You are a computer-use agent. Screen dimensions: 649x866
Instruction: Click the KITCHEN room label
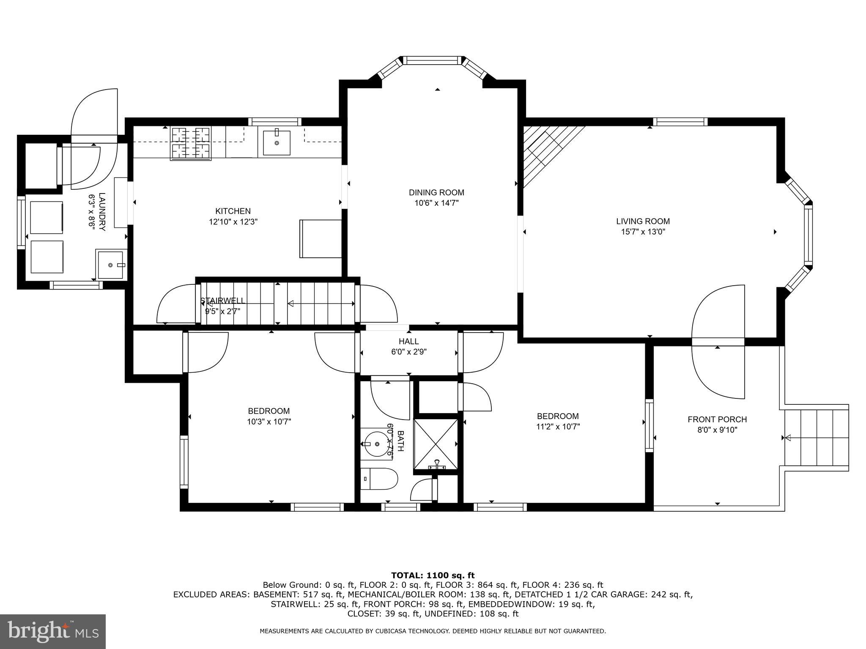[233, 211]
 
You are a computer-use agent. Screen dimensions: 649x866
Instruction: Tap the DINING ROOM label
[436, 193]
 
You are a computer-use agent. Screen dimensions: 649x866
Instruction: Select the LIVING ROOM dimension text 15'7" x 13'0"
[643, 232]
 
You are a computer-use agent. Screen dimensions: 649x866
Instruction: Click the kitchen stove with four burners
[191, 144]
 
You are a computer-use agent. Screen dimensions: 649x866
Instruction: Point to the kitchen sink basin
[277, 143]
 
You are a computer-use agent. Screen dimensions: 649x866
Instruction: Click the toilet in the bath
[379, 479]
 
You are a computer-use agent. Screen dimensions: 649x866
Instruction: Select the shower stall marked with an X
[435, 444]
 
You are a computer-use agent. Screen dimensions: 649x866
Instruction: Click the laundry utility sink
[110, 265]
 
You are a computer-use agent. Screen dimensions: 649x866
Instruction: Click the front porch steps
[817, 438]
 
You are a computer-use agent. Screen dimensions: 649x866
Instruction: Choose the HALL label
[408, 341]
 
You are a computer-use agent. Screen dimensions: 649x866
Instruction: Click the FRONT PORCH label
[717, 420]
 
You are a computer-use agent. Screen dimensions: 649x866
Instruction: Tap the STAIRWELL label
[222, 301]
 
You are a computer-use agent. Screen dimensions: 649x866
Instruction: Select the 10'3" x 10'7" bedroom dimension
[269, 421]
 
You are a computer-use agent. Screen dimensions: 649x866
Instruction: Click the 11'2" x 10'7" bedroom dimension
[558, 427]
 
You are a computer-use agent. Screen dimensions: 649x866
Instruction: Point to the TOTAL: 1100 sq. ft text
[433, 575]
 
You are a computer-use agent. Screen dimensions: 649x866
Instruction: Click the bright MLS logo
[53, 632]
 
